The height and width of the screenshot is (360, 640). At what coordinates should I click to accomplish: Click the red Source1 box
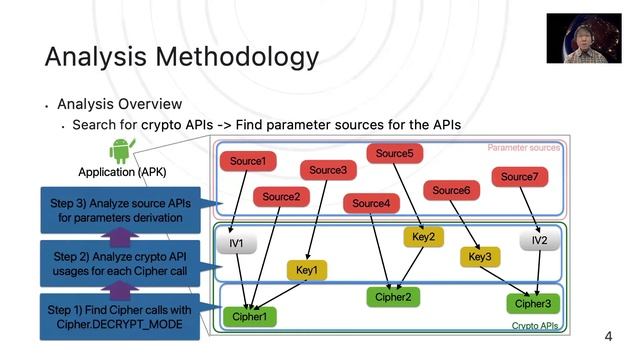pos(247,161)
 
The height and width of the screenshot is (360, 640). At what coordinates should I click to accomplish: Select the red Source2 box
pos(281,197)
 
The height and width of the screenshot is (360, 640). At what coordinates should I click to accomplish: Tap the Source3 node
pos(327,170)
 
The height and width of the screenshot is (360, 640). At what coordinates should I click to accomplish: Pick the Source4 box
pos(371,204)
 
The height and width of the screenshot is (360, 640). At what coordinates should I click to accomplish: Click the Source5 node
pos(395,153)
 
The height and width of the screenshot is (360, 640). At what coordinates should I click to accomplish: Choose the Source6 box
pos(451,190)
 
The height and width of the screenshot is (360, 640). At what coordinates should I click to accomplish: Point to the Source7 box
pos(518,177)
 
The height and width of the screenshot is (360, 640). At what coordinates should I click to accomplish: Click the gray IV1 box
pos(237,242)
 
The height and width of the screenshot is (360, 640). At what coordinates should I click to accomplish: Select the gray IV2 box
pos(539,241)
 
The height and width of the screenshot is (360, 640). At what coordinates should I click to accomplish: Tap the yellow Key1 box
pos(307,269)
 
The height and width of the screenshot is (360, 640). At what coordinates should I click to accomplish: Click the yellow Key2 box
pos(423,237)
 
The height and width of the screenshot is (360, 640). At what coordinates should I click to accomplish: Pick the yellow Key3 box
pos(479,257)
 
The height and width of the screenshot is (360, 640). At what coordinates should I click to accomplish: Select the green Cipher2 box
pos(392,296)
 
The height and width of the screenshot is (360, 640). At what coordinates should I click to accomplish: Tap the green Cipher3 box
pos(532,303)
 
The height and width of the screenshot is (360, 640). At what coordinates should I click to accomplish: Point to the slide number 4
pos(608,337)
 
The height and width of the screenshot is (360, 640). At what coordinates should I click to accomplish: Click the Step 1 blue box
pos(119,317)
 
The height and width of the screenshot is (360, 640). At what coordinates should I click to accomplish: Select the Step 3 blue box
pos(119,209)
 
